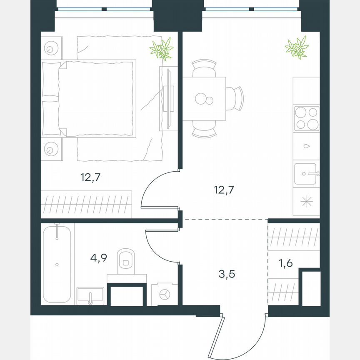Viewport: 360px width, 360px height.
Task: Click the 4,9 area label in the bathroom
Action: point(99,257)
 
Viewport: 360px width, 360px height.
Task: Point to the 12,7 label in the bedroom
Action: point(91,177)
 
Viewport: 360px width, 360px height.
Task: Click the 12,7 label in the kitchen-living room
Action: point(224,190)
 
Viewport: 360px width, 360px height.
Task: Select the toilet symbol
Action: point(125,259)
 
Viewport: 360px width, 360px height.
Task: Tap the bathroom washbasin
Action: point(90,295)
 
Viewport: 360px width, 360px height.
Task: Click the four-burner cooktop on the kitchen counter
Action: point(307,118)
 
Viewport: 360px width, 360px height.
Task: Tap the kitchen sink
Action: point(306,174)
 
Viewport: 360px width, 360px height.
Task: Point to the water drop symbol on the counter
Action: point(306,146)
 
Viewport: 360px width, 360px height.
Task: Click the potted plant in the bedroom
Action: point(162,48)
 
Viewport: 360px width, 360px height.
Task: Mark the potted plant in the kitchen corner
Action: point(297,47)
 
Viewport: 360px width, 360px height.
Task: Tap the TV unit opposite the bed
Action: point(167,98)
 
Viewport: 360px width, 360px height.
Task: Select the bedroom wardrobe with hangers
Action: point(87,204)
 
